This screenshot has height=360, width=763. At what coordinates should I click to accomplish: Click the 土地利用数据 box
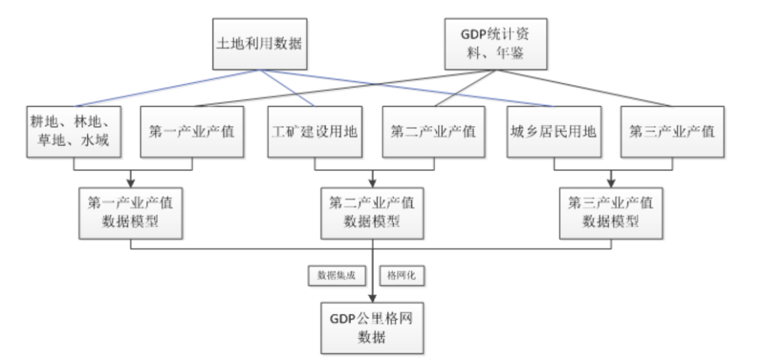(259, 43)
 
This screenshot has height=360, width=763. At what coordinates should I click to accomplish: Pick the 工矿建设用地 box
(312, 132)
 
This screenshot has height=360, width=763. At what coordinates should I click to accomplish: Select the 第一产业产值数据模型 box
(131, 212)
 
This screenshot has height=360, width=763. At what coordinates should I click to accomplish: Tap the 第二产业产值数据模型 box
(373, 212)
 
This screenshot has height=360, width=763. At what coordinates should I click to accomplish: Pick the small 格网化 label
(403, 274)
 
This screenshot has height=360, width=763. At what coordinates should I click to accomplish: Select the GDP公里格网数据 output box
(373, 327)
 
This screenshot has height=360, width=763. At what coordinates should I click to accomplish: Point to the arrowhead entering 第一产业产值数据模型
(131, 183)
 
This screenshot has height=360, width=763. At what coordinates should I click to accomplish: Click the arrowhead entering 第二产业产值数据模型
(373, 183)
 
